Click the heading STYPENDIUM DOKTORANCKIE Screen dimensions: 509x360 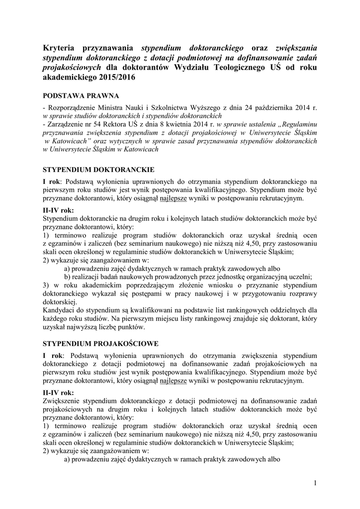pos(98,169)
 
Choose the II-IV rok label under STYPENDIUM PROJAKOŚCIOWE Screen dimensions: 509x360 pos(59,392)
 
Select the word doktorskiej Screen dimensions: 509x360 pos(60,303)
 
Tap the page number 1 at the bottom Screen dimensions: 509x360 pos(315,483)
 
